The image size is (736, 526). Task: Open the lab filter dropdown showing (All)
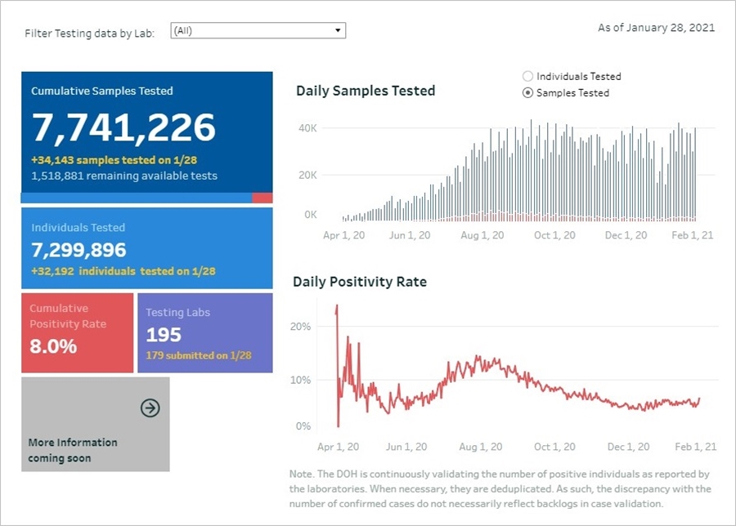point(258,31)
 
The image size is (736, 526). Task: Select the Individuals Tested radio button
point(527,77)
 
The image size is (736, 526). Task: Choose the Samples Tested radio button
point(527,93)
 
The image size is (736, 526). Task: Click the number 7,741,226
point(123,127)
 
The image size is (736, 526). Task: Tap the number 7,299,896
point(79,250)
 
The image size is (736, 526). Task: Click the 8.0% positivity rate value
point(53,345)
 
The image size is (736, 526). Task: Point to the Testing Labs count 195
point(164,335)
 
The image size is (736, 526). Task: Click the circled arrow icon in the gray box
point(150,408)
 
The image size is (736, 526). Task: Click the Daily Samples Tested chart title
point(366,91)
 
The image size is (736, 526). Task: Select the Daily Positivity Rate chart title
point(360,283)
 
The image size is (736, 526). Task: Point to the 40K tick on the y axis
point(307,128)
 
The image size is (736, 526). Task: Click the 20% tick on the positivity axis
point(301,327)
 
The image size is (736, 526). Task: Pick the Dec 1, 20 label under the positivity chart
point(627,447)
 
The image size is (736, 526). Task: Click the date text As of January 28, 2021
point(656,28)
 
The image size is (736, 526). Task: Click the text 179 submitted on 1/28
point(199,355)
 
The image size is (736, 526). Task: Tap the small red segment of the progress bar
point(262,198)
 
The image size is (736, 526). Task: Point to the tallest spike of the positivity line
point(336,307)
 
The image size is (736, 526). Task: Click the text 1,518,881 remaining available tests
point(124,176)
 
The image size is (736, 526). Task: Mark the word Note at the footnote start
point(302,474)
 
